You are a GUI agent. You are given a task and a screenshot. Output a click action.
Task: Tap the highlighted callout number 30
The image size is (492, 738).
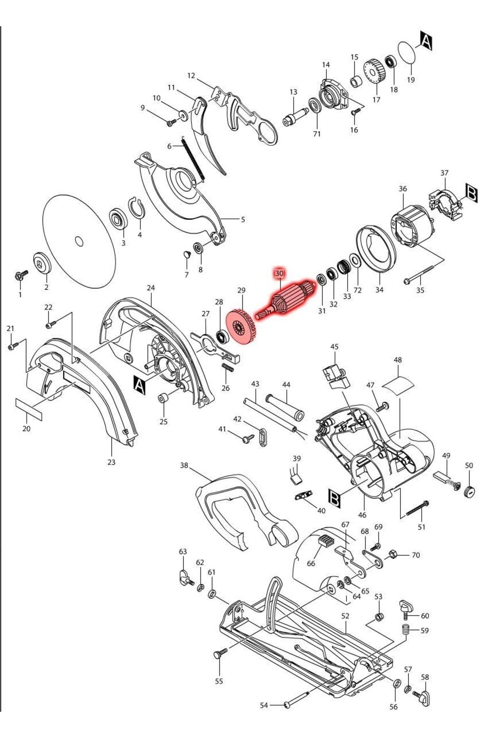pyautogui.click(x=279, y=273)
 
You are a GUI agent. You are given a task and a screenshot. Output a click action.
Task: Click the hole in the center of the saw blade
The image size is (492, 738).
pyautogui.click(x=80, y=241)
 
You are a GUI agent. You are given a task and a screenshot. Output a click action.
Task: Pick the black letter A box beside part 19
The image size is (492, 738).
pyautogui.click(x=426, y=41)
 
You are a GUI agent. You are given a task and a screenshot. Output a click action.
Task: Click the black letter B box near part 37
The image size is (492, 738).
pyautogui.click(x=471, y=194)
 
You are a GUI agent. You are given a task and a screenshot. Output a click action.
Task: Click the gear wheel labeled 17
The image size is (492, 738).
pyautogui.click(x=375, y=72)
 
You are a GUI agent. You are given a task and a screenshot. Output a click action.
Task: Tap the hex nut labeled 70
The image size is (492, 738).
pyautogui.click(x=391, y=554)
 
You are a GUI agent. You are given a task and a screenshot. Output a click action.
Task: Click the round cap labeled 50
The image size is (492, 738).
pyautogui.click(x=470, y=491)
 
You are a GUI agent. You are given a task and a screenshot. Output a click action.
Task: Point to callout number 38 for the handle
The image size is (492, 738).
pyautogui.click(x=184, y=465)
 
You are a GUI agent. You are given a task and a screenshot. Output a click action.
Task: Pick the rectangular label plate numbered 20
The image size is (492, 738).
pyautogui.click(x=29, y=409)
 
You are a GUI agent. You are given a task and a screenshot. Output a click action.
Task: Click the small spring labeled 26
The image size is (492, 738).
pyautogui.click(x=228, y=368)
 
